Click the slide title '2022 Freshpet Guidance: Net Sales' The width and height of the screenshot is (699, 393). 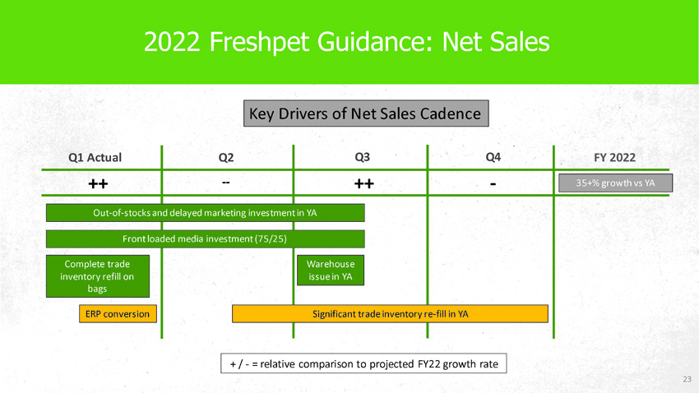coord(346,42)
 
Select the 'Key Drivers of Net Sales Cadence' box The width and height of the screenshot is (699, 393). coord(366,113)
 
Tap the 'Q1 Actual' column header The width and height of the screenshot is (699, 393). coord(95,157)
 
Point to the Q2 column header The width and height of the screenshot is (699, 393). coord(226,157)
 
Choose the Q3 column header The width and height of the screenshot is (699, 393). coord(362,157)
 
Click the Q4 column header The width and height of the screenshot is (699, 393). coord(493,157)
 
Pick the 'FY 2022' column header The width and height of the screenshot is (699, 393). coord(615,157)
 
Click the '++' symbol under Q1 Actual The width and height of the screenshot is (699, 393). coord(98,183)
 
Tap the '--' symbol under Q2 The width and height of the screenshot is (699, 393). coord(226,183)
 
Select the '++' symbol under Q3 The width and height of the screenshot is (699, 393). coord(364,183)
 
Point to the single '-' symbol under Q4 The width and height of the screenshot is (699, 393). coord(493,183)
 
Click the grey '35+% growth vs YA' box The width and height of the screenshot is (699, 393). coord(616,183)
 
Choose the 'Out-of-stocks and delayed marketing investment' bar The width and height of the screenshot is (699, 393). coord(205,213)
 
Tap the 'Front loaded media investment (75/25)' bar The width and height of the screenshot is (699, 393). coord(205,238)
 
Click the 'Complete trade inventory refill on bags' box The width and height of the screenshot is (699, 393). coord(98,276)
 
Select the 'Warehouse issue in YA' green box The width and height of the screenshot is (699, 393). coord(331,270)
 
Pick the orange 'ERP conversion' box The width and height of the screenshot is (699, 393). coord(118,314)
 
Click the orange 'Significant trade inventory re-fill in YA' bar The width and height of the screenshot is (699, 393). coord(390,314)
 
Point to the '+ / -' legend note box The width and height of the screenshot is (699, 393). coord(363,363)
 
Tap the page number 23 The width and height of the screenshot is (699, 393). coord(687,379)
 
